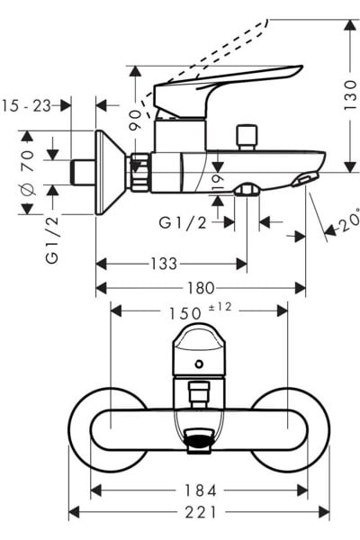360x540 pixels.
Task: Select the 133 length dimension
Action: coord(164,264)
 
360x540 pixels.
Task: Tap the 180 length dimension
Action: coord(201,288)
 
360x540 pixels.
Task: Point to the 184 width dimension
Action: coord(200,490)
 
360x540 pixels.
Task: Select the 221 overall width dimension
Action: coord(200,513)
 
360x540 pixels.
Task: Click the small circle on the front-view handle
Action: coord(199,360)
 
